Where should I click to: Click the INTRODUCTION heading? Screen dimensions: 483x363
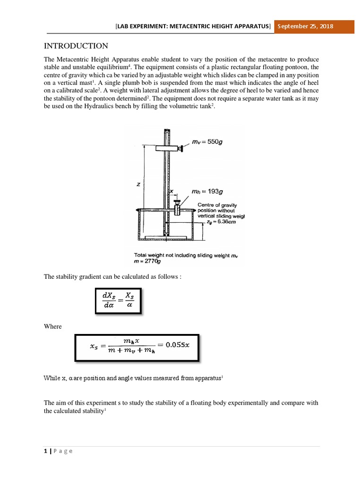point(76,46)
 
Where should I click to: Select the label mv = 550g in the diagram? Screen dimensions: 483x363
point(207,141)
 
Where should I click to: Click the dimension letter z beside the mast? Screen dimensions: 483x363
point(138,185)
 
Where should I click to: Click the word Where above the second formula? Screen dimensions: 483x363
point(53,326)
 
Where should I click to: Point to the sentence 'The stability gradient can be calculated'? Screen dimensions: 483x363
point(112,277)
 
